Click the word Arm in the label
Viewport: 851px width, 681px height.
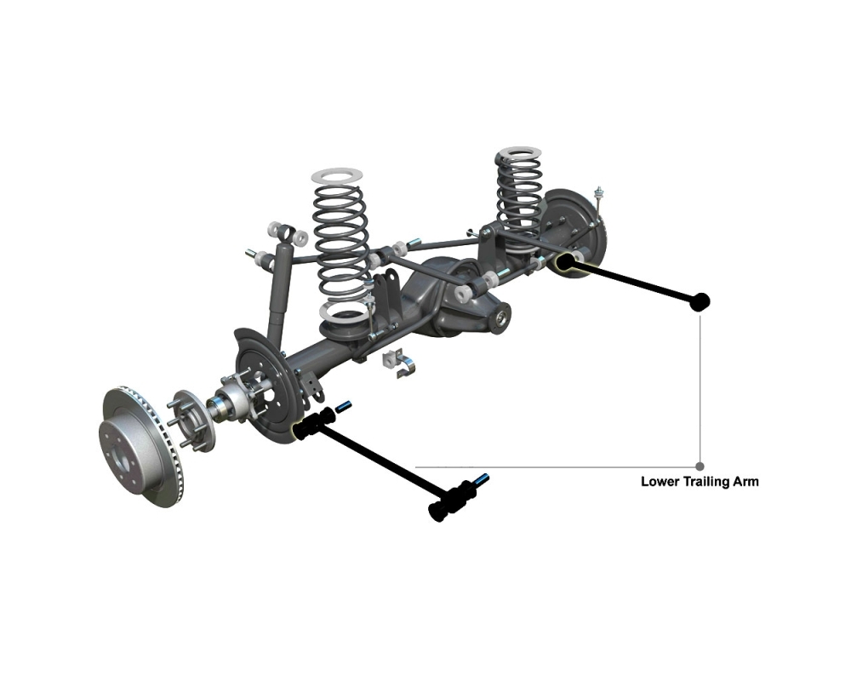[x=745, y=482]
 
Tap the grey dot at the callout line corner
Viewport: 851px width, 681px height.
[x=700, y=466]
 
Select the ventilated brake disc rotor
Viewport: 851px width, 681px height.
[x=140, y=446]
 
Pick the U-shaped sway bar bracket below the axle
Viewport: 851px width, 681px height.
[x=400, y=363]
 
